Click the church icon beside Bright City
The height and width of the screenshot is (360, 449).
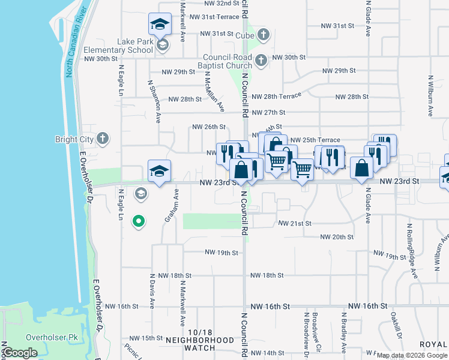(x=103, y=139)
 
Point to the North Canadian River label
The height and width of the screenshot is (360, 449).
(x=76, y=43)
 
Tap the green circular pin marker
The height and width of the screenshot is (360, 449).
(x=139, y=222)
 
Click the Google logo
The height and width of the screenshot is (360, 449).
(x=20, y=353)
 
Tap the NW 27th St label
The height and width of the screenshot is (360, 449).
(x=268, y=112)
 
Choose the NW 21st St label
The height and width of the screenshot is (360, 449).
(x=295, y=223)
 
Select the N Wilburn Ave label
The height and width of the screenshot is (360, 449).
(x=430, y=95)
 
